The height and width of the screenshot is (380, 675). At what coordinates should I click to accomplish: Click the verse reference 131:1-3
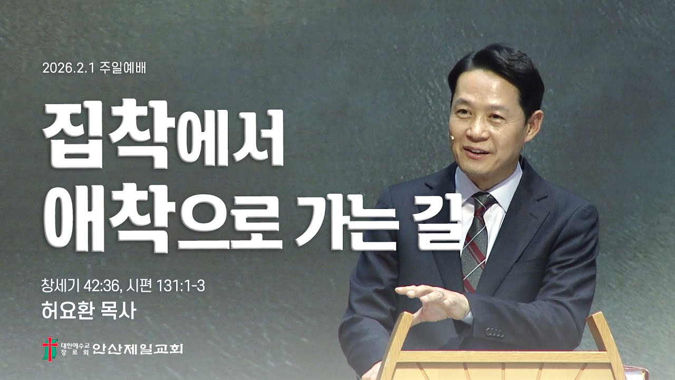point(182,287)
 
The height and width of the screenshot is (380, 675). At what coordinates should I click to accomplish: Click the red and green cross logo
point(47,348)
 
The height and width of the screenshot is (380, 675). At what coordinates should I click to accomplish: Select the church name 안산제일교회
point(138,348)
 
